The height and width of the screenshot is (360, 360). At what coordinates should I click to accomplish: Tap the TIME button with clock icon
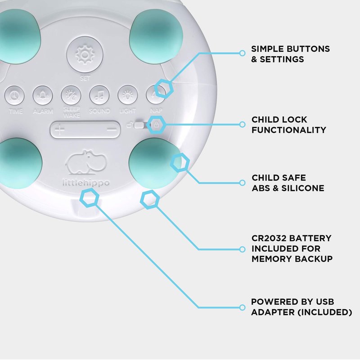tap(15, 95)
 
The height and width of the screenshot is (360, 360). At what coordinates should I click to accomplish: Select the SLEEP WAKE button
tap(71, 95)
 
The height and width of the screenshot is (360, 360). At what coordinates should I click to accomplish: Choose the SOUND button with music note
tap(99, 95)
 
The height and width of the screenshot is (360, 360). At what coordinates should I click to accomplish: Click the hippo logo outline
tap(85, 163)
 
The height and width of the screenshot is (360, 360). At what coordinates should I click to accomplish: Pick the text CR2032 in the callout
tap(269, 238)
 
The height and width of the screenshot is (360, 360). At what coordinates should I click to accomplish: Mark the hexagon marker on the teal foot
tap(180, 162)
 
